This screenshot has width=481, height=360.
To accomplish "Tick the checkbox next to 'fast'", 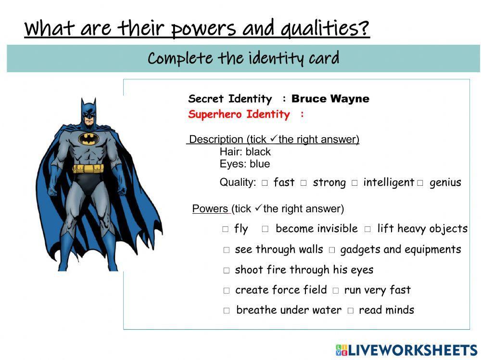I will coord(265,183).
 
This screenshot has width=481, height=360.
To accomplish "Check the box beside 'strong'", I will coord(304,183).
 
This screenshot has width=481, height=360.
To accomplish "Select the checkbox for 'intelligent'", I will coord(354,183).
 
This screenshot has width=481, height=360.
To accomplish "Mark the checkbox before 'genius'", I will coord(420,183).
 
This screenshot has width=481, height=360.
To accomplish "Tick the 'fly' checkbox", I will coord(226,230).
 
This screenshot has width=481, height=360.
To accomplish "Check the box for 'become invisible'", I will coord(265,230).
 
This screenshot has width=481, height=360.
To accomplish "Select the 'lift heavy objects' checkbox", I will coord(367,230).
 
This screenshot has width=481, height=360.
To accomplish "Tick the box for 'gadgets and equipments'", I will coord(332,250).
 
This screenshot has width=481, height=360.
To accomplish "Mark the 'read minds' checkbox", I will coord(350,311).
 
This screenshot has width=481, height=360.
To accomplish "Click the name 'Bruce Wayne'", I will coord(330,99).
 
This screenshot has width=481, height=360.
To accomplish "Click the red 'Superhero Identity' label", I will coord(239,115).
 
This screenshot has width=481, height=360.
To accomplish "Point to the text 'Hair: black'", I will coord(245,152).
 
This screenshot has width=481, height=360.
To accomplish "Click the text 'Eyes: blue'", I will coord(244,164).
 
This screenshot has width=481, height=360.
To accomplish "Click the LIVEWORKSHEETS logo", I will coord(406,350).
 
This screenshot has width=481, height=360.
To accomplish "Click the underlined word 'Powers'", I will coord(210,209).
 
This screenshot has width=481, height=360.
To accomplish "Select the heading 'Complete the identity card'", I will coord(243,59).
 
